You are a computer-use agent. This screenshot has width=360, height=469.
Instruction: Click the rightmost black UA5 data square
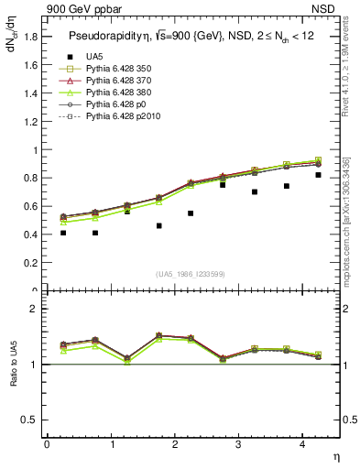(x=319, y=175)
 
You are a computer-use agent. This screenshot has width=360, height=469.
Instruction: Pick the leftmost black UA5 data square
(x=63, y=233)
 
